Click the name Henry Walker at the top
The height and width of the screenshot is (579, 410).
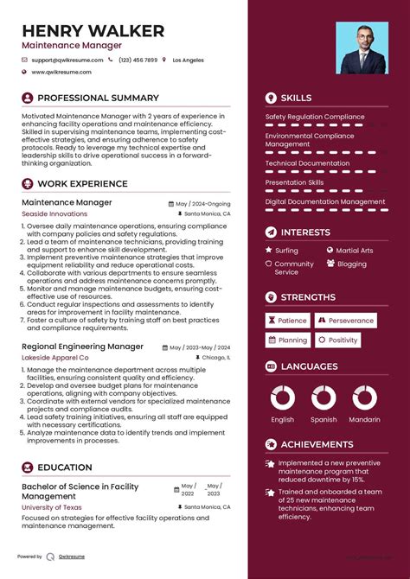click(93, 31)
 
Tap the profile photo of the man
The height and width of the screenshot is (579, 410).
click(362, 48)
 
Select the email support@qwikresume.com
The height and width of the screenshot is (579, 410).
click(67, 60)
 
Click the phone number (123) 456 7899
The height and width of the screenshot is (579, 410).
click(138, 60)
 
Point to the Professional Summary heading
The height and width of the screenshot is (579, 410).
click(98, 98)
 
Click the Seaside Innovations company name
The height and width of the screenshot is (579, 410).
click(54, 213)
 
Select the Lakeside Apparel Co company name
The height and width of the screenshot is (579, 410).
click(54, 357)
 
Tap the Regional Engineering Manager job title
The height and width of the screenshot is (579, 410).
click(82, 347)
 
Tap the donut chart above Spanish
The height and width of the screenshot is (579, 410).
click(324, 398)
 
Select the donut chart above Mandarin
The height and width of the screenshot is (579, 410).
click(364, 398)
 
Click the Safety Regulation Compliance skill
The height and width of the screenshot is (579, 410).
click(315, 117)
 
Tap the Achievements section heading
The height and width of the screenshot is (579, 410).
click(317, 444)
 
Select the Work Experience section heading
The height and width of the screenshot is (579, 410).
click(83, 183)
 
